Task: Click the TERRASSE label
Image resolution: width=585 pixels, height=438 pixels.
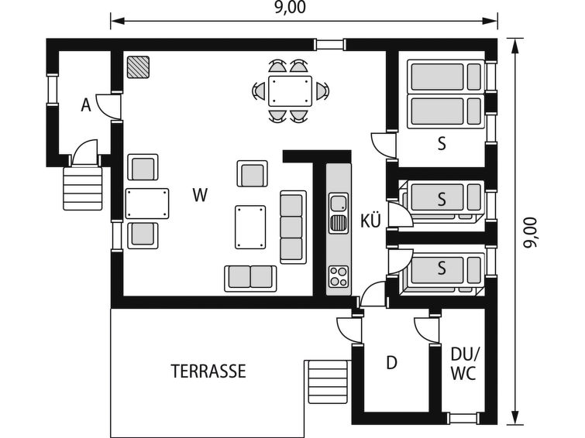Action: (x=208, y=371)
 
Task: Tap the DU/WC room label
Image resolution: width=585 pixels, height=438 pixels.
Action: (x=463, y=364)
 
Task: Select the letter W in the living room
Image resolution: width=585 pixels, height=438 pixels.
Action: (x=200, y=195)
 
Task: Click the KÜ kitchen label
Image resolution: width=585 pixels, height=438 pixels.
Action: (x=370, y=221)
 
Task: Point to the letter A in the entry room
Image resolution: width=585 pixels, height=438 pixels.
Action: (x=86, y=105)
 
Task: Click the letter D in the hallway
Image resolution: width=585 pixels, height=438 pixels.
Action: (x=391, y=362)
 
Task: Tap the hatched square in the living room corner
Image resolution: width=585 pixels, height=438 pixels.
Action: (x=138, y=67)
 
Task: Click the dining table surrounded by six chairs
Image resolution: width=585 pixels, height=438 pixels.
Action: (x=290, y=91)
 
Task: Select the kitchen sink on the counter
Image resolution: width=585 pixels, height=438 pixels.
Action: (x=339, y=214)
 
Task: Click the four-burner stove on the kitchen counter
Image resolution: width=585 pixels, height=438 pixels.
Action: (x=339, y=276)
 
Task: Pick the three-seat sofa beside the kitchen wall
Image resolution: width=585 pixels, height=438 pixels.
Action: (x=293, y=228)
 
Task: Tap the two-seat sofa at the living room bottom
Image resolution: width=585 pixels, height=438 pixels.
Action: (x=250, y=278)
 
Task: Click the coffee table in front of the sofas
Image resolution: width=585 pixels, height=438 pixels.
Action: (x=250, y=227)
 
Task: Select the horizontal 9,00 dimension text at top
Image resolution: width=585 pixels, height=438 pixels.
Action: (x=290, y=8)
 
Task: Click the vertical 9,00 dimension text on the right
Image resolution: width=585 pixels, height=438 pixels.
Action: (x=530, y=232)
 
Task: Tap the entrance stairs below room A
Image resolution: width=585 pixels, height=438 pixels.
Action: (x=82, y=188)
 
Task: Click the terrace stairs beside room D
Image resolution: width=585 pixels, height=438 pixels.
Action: (x=328, y=382)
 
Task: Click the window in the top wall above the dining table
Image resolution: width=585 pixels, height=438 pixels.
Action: (x=329, y=45)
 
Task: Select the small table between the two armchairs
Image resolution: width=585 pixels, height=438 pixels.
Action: (x=147, y=204)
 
